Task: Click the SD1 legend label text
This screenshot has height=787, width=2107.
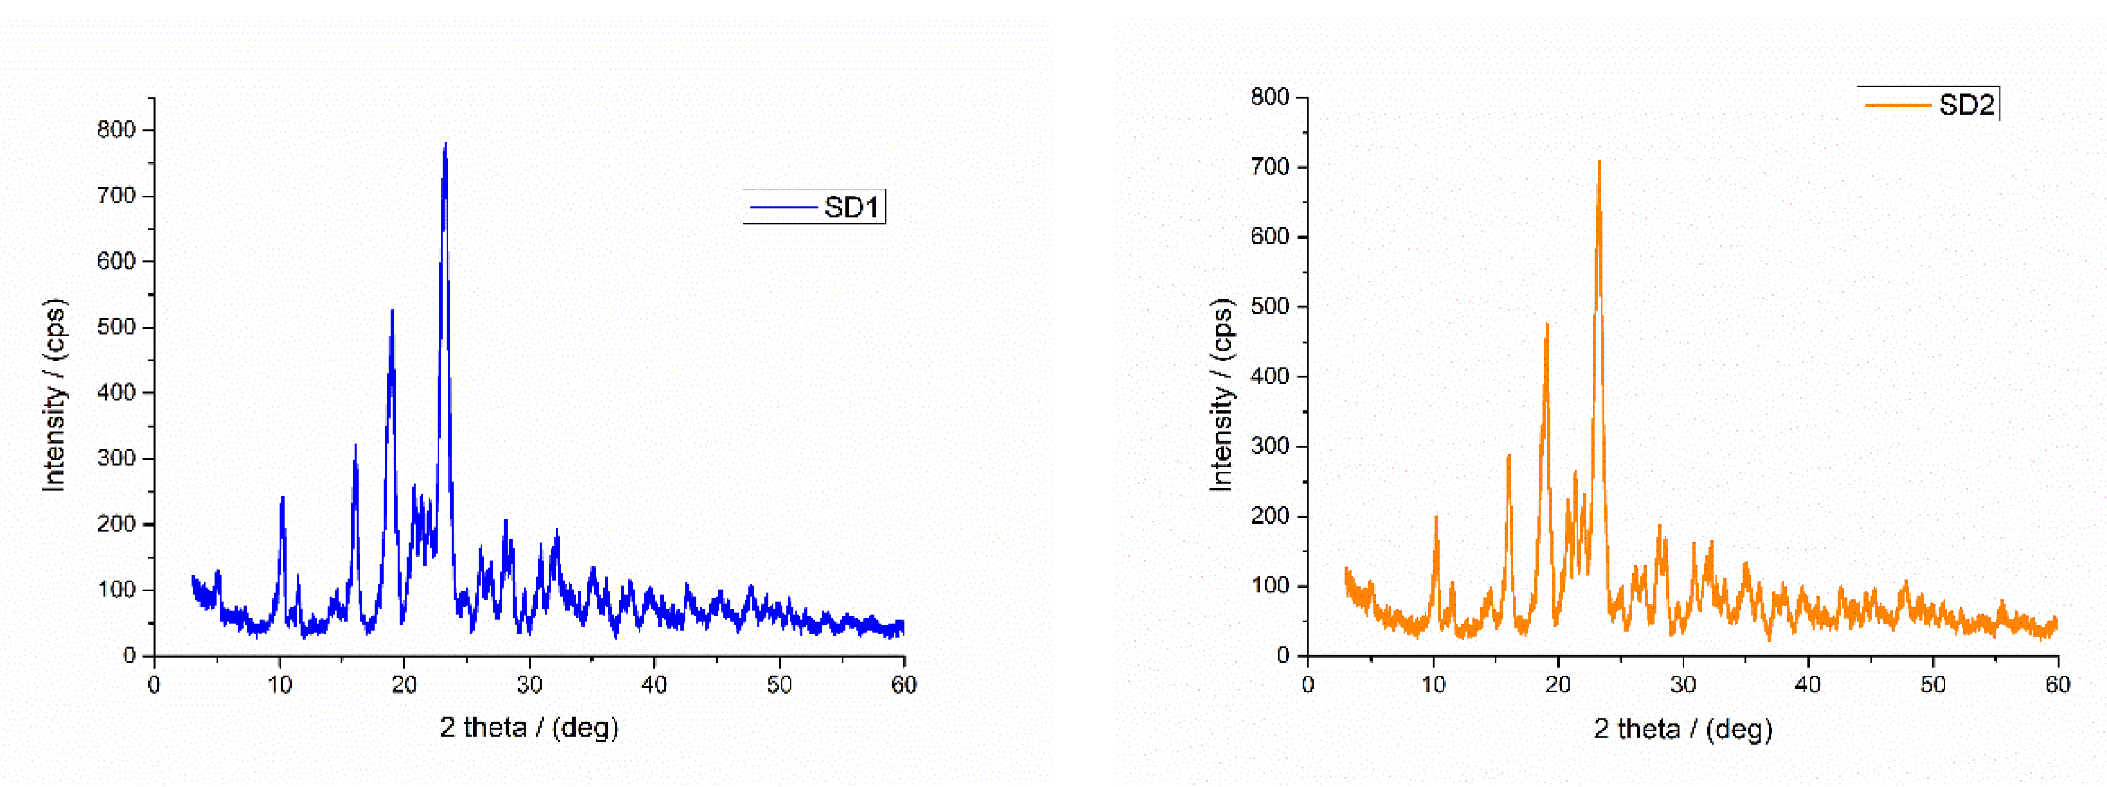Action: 850,208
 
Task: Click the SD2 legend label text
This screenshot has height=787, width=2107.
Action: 1966,105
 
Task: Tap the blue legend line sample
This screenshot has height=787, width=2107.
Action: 783,208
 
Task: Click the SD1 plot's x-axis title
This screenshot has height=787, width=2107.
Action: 529,727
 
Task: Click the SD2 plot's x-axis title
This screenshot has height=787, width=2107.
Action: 1683,728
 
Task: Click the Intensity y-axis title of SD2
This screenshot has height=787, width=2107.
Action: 1221,394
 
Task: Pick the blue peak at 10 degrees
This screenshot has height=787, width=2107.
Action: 282,498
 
